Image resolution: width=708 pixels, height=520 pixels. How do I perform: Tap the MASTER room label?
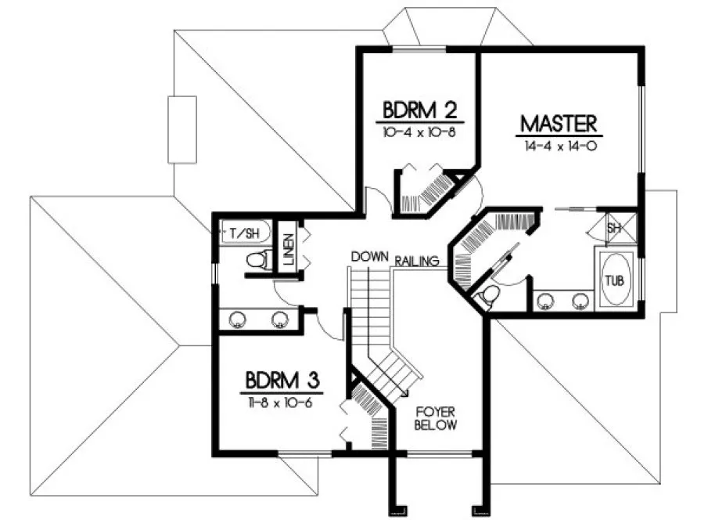pos(559,124)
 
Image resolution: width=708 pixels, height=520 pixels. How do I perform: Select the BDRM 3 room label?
pos(281,381)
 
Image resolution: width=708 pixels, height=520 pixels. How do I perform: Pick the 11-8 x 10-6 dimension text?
pos(281,403)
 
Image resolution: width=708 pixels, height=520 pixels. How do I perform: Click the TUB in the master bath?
pos(614,280)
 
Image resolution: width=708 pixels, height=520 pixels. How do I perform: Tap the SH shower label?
pos(614,228)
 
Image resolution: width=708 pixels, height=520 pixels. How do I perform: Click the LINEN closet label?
pos(288,250)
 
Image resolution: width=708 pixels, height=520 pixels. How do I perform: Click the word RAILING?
pos(416,261)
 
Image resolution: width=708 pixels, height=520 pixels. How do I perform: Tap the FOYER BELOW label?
pos(436,417)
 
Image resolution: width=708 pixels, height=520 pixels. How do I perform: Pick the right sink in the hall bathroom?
pos(279,319)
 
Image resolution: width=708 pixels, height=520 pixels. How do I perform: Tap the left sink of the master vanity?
pos(546,300)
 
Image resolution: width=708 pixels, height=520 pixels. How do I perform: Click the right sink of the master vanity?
pos(580,300)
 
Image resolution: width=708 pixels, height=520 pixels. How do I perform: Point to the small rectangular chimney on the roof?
pos(182,129)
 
